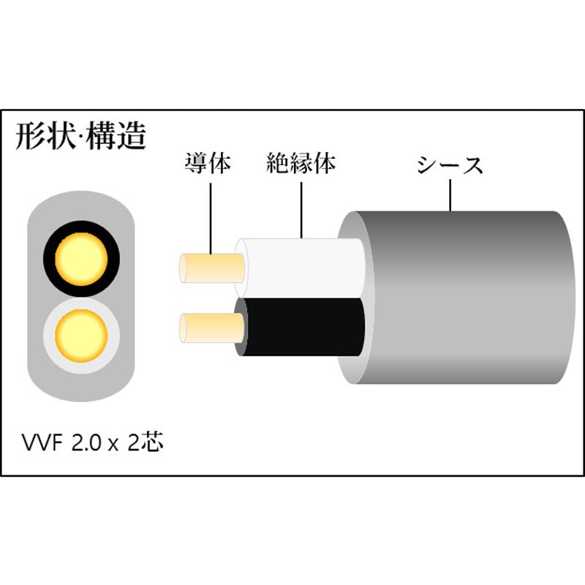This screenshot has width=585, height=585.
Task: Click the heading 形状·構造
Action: (80, 136)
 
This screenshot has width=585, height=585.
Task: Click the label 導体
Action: (208, 163)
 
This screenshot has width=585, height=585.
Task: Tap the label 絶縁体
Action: (301, 163)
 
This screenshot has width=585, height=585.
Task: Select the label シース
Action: (450, 165)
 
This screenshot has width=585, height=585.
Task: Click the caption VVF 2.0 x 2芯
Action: (93, 442)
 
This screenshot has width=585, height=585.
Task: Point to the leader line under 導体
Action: (211, 219)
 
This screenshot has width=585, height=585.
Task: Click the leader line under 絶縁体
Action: (301, 210)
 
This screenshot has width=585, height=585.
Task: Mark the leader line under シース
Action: (450, 195)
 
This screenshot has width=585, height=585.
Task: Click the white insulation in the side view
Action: (298, 268)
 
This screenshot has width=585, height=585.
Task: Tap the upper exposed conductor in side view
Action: (211, 268)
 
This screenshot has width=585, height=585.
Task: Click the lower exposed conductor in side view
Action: (211, 328)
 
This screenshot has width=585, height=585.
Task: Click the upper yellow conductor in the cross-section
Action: (81, 259)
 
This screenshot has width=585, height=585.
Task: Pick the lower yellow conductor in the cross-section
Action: (81, 336)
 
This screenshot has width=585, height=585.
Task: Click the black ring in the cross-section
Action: (48, 259)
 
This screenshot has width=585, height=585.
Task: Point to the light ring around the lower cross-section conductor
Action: (48, 336)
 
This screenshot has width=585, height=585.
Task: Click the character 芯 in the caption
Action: (152, 442)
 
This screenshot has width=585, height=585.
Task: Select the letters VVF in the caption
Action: (42, 443)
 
